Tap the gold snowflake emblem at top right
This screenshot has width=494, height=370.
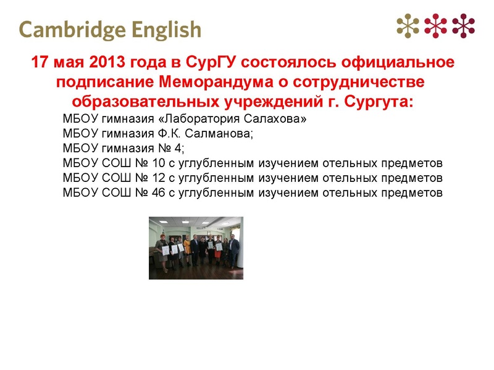click(x=408, y=25)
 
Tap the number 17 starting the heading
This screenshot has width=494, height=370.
click(x=40, y=64)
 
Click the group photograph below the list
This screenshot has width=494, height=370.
click(x=196, y=248)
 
